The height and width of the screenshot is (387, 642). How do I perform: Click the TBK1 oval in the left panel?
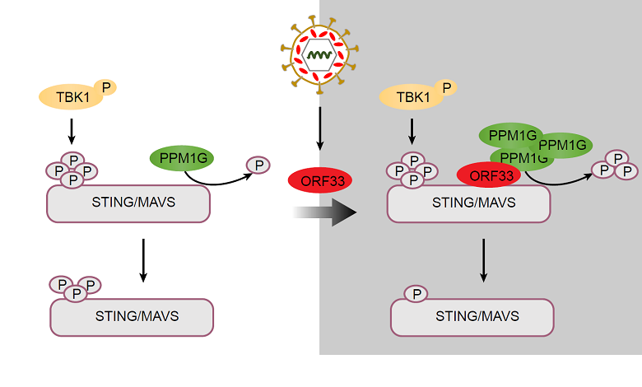click(69, 98)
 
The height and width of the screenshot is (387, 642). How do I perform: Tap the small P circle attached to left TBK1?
click(105, 86)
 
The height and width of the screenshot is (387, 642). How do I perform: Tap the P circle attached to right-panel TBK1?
click(445, 86)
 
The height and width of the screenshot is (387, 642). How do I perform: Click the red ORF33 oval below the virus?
click(319, 180)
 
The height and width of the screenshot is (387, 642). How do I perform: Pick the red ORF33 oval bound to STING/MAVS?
click(491, 175)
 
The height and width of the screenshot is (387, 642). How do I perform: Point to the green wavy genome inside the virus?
click(319, 56)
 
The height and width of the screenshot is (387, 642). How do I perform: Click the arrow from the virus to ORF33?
click(319, 132)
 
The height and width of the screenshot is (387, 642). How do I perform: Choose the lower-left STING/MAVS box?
click(132, 316)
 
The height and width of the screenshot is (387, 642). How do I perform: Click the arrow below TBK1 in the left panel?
click(72, 130)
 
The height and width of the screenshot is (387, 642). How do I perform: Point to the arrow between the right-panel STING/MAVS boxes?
click(483, 260)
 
